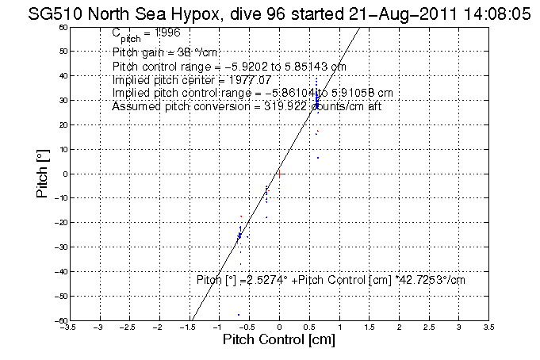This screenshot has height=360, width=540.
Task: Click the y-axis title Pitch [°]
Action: pos(44,174)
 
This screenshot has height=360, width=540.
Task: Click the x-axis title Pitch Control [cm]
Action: pos(279,340)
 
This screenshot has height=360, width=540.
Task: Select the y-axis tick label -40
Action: pos(60,272)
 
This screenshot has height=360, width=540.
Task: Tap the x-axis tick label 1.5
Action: pos(370,326)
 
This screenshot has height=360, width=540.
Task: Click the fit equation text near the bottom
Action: pos(331,280)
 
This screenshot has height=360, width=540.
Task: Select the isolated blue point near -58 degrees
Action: pos(239,315)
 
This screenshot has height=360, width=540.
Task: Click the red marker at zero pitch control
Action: pos(279,172)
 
